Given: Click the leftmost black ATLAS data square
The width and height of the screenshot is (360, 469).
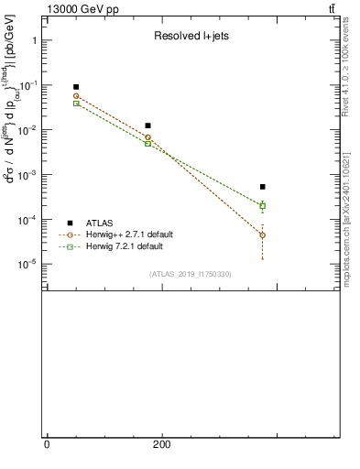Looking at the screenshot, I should click(x=76, y=87).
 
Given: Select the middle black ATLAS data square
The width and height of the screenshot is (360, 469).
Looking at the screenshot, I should click(x=147, y=125).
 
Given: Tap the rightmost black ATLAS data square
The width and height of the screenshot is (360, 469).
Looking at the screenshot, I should click(x=262, y=187).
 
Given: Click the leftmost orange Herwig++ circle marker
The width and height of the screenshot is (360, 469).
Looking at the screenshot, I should click(x=76, y=96).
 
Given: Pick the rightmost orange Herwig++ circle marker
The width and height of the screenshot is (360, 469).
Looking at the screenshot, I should click(x=262, y=235).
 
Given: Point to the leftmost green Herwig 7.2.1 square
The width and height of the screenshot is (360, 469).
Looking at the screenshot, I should click(x=76, y=104).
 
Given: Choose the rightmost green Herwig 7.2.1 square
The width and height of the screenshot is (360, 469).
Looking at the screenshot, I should click(x=262, y=205).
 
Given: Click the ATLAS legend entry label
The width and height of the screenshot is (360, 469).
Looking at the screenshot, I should click(x=102, y=223).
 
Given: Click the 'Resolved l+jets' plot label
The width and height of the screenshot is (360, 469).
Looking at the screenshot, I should click(x=185, y=37).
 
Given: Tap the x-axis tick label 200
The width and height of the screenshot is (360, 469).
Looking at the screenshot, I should click(x=161, y=445).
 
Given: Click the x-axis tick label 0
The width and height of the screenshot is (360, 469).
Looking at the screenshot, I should click(x=47, y=445).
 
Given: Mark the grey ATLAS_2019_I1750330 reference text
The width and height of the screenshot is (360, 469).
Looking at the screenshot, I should click(x=190, y=274).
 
